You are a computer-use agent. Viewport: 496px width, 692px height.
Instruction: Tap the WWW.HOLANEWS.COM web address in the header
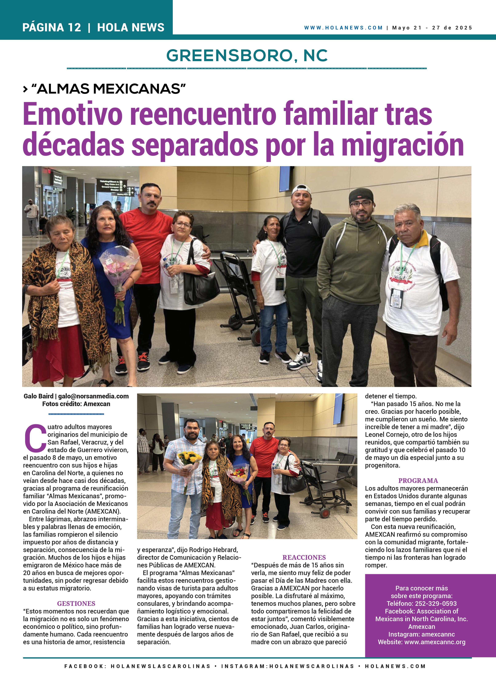[x=343, y=28]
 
